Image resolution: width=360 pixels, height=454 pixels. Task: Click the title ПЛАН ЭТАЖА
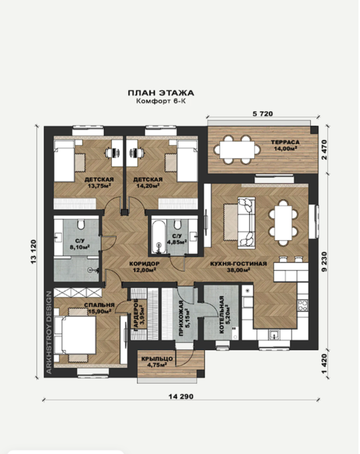point(161,93)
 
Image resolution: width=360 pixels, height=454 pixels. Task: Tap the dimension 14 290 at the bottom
point(181,396)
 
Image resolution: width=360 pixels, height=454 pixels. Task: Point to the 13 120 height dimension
point(33,251)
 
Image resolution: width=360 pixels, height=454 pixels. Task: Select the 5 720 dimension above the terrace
point(263,114)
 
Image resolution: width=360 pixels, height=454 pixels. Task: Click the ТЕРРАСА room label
point(285,142)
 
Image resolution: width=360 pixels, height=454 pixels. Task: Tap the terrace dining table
point(237,150)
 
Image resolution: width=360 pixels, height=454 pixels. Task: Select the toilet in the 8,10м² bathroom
point(81,224)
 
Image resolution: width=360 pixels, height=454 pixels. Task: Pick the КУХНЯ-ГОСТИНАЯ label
point(239,264)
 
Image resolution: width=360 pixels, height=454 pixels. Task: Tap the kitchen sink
point(274,335)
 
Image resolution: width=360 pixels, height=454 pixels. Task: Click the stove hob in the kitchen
point(303,306)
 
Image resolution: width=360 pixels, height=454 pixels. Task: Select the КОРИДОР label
point(144,264)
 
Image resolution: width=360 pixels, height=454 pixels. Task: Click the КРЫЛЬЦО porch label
point(157,358)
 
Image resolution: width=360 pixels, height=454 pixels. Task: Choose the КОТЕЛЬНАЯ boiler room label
point(221,315)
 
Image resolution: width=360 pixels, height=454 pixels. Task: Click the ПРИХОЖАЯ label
point(182,318)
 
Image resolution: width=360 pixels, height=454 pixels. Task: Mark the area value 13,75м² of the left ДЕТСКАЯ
point(99,186)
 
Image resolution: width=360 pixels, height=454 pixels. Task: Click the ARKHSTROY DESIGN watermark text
point(49,333)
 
